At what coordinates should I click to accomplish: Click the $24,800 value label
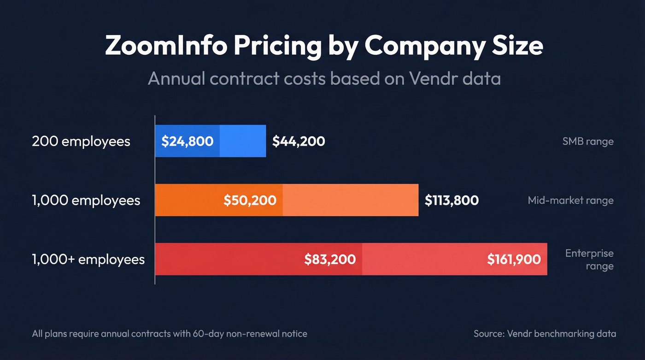(187, 141)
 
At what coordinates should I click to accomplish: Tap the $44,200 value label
(299, 141)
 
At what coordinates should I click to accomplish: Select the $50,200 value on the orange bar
(250, 200)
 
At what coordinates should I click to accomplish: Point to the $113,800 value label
(451, 200)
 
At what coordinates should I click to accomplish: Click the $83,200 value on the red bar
(330, 259)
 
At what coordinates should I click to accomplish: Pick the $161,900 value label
(514, 259)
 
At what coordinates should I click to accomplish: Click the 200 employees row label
(81, 141)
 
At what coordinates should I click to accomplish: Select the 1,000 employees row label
(86, 200)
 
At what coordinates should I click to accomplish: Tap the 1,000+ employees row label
(88, 259)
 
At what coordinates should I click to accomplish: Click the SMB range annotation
(588, 141)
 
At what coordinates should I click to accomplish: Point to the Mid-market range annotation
(570, 200)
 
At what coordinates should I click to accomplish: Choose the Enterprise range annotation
(589, 260)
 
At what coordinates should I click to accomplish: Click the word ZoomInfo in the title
(166, 46)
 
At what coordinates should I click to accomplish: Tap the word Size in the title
(516, 46)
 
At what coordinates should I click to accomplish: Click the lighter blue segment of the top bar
(243, 141)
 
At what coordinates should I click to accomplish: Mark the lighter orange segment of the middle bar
(350, 200)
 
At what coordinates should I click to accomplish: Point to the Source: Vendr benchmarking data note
(545, 333)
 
